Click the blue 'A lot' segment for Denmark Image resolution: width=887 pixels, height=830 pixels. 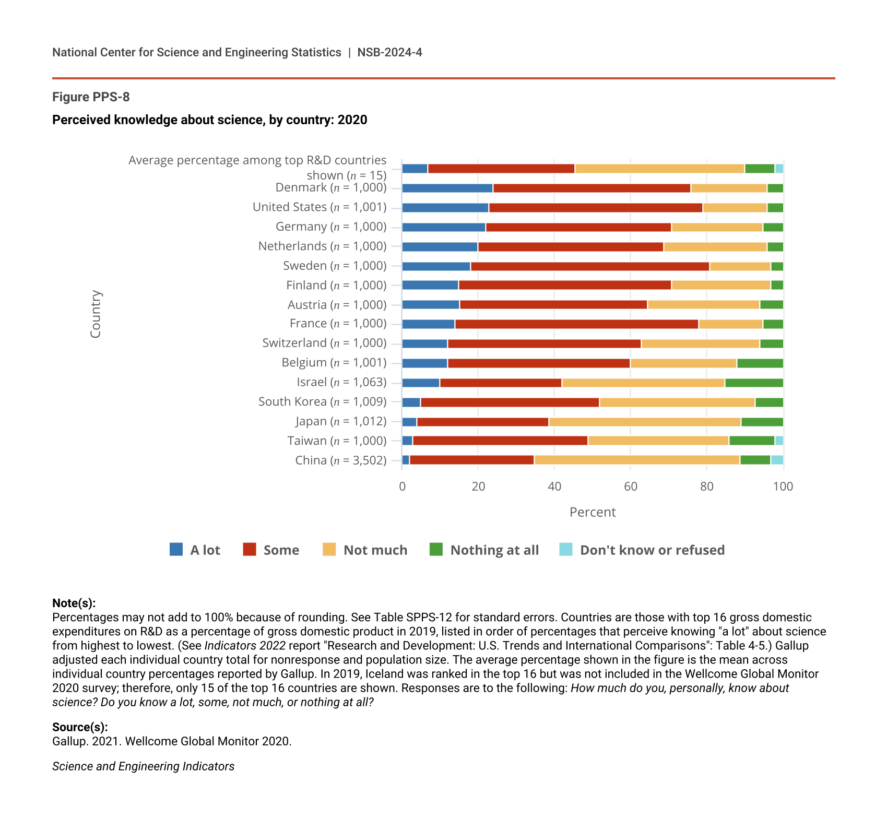point(447,188)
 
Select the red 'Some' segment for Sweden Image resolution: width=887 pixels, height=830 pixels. point(590,267)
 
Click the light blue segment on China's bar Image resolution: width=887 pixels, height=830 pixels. point(777,460)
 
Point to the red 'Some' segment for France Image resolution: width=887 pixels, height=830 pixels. point(576,324)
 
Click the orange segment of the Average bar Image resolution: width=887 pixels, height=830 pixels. point(659,169)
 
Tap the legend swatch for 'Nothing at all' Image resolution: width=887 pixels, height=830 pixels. point(436,550)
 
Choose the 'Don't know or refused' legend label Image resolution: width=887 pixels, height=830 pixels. point(652,550)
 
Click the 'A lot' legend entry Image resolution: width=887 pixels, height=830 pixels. point(195,550)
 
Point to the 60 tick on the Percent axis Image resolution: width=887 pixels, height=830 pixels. point(631,487)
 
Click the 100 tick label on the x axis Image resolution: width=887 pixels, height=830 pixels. point(783,487)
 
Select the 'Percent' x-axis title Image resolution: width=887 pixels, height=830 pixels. point(593,512)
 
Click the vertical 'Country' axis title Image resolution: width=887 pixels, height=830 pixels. point(96,314)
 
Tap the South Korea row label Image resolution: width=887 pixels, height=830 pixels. point(322,402)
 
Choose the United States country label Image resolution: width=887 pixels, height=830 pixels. point(320,207)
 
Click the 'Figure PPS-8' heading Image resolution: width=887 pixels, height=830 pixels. point(91,97)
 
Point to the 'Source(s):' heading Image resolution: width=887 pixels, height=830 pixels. point(80,727)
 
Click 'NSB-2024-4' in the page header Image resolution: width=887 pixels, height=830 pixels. point(389,52)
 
